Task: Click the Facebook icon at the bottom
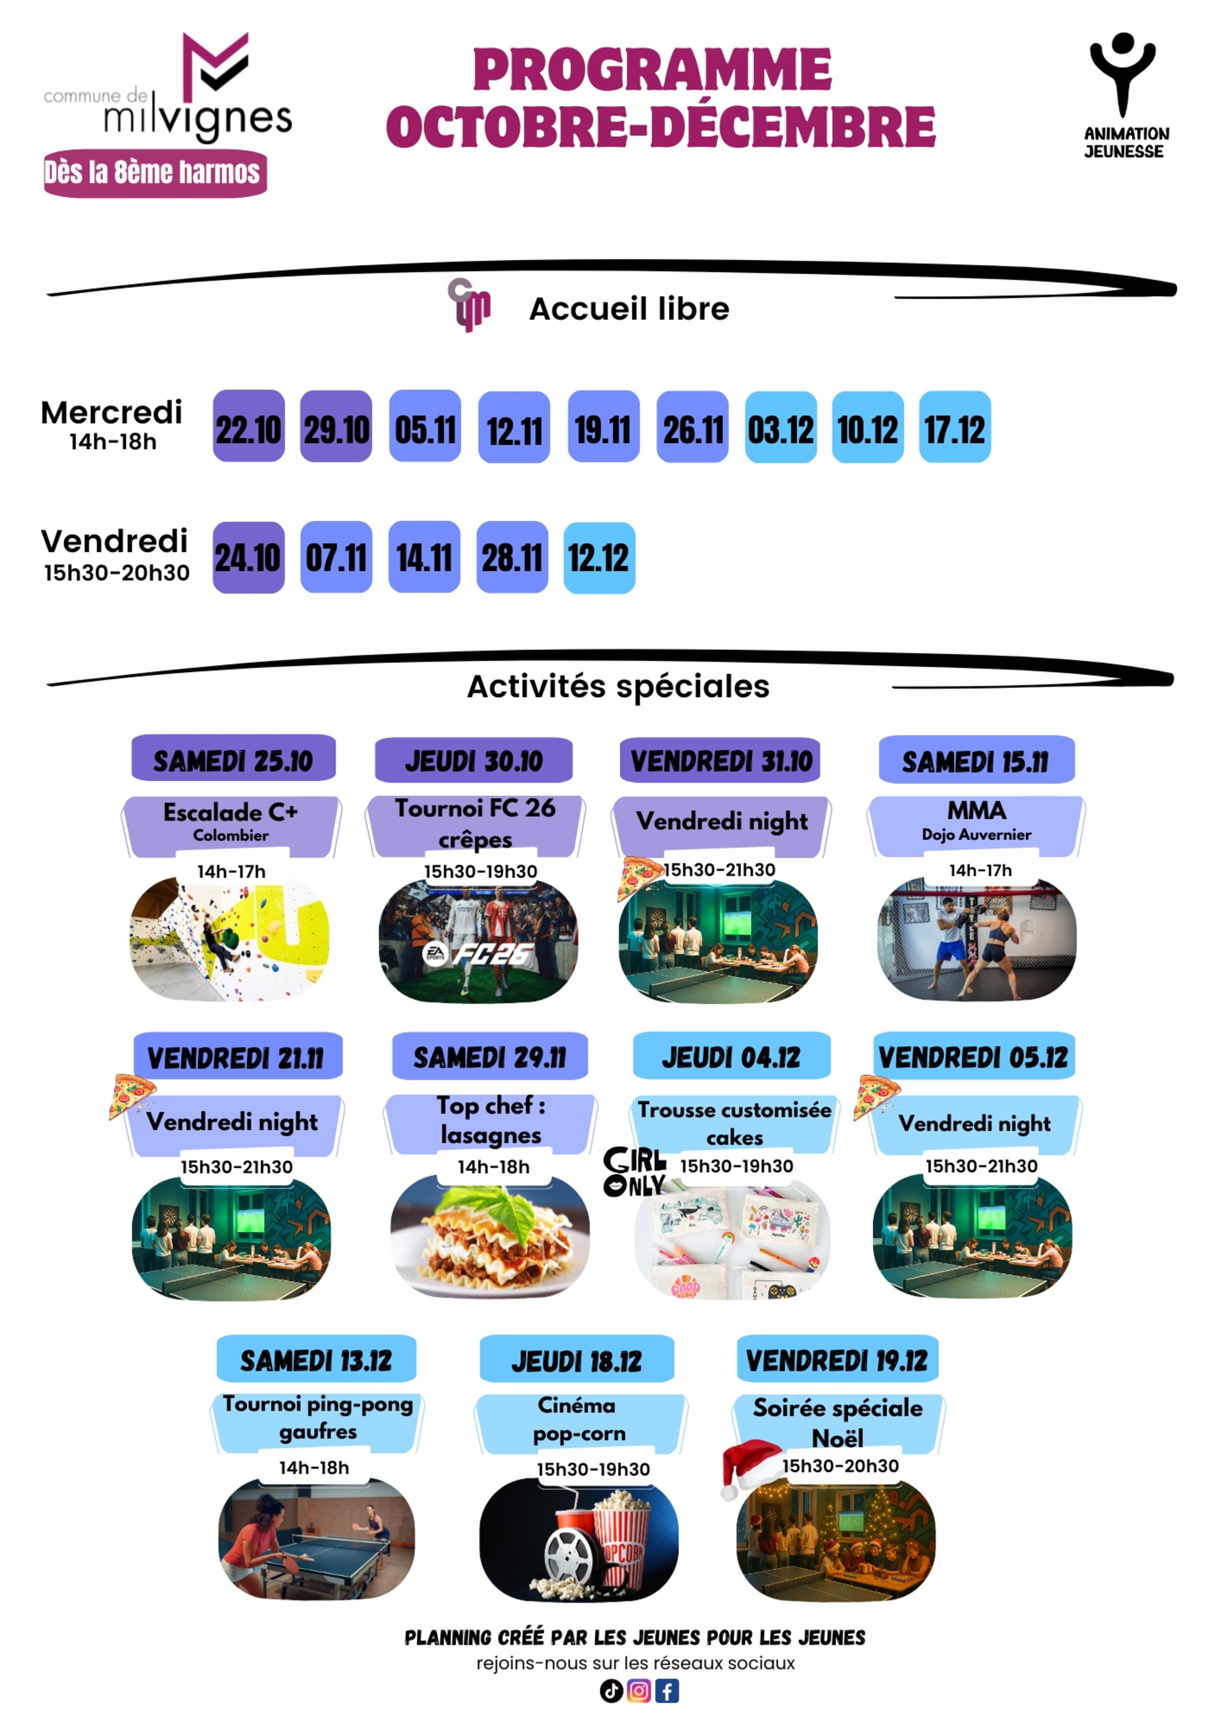point(667,1691)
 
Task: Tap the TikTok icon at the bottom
point(611,1691)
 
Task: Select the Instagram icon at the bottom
point(639,1691)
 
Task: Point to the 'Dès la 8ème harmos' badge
point(155,173)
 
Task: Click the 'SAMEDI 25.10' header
point(233,760)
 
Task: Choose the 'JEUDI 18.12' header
point(576,1361)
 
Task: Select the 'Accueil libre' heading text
point(629,309)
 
